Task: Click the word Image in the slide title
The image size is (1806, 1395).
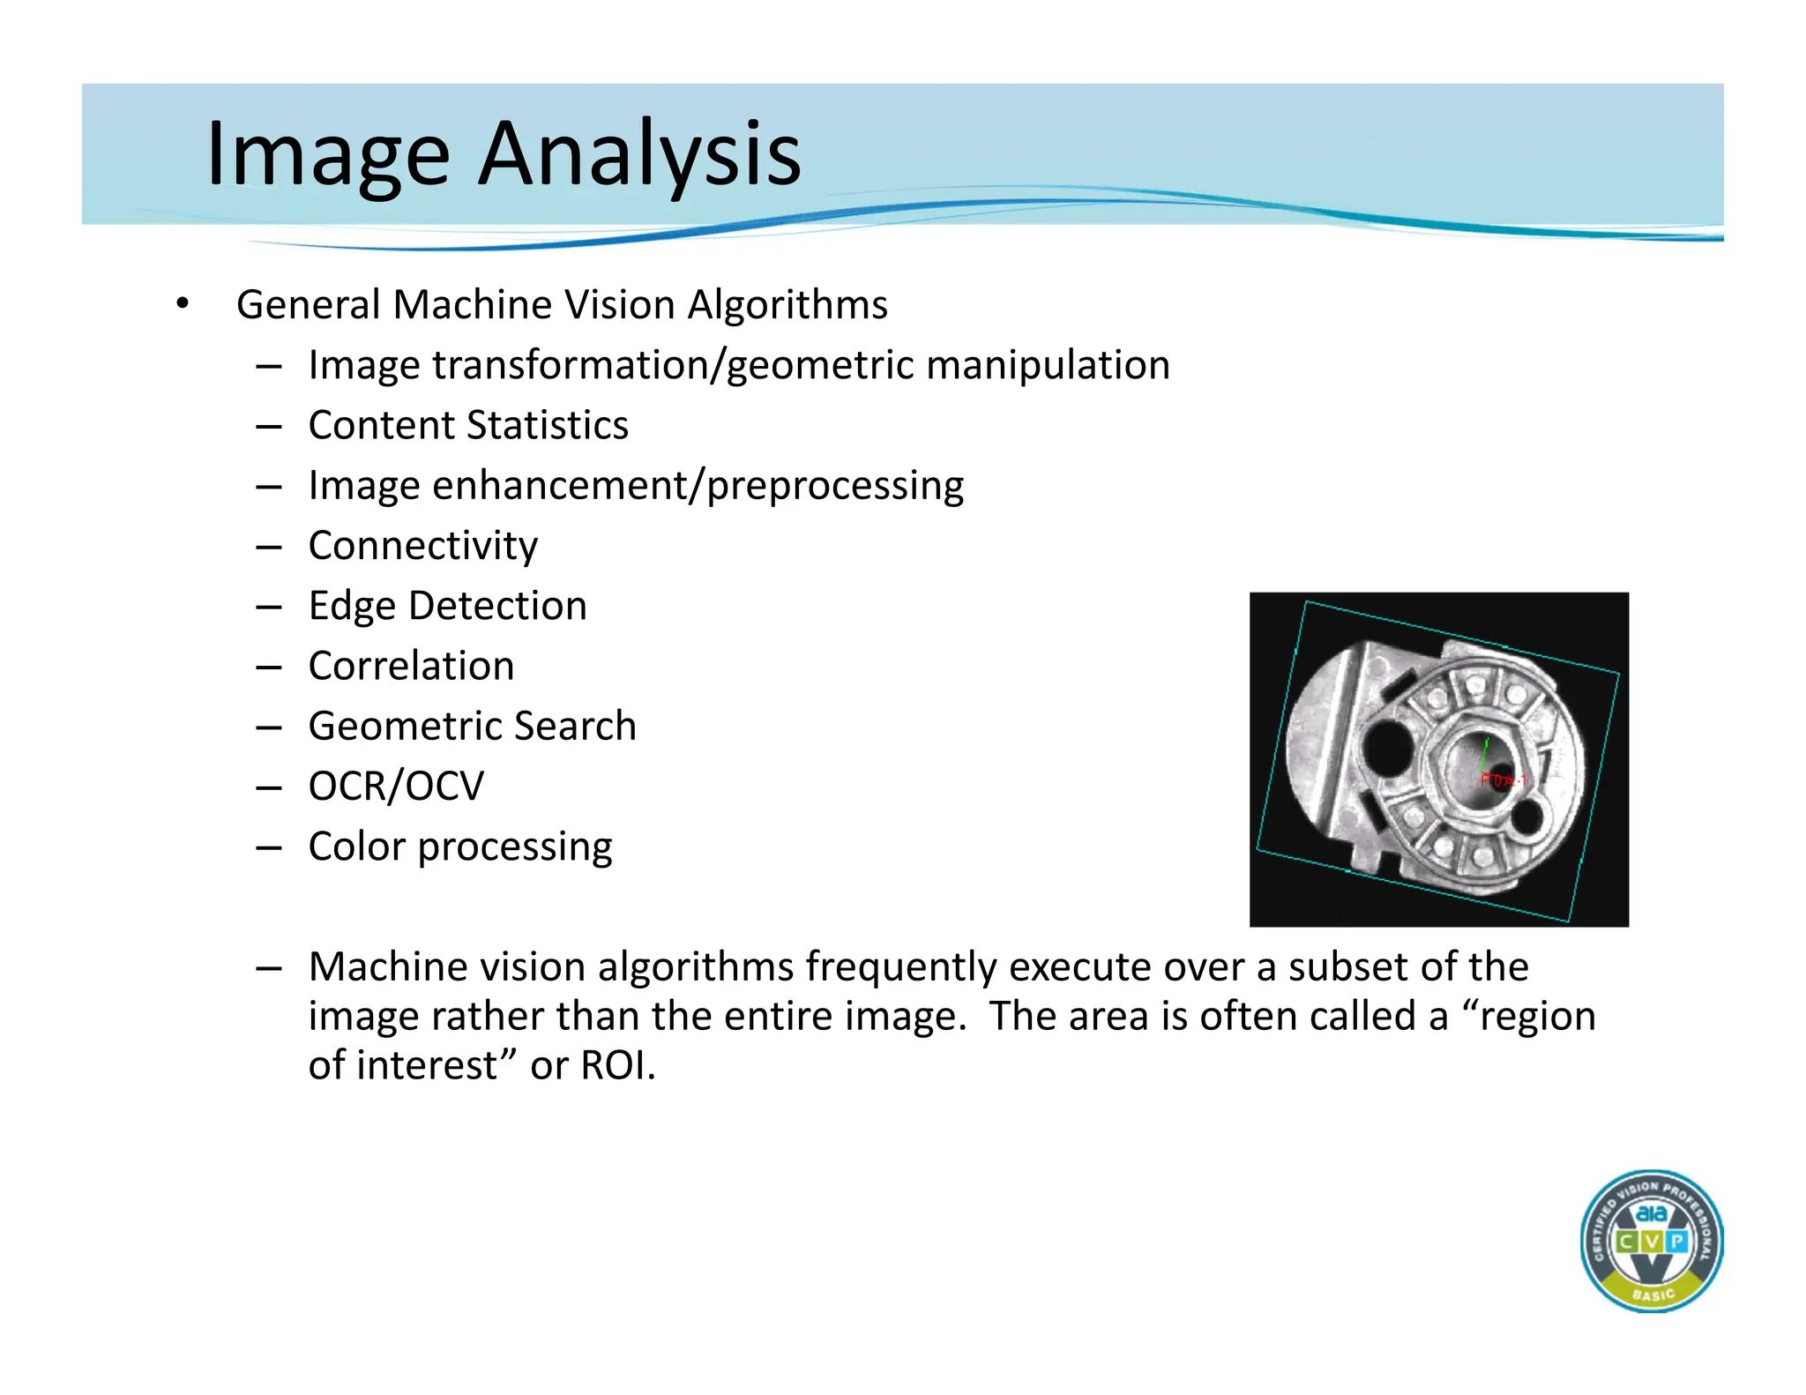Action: (x=328, y=154)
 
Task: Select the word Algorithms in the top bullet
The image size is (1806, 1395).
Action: (x=787, y=305)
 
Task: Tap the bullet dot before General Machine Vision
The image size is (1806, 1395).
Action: (x=182, y=304)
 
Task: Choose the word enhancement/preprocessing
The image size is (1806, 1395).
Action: (x=698, y=486)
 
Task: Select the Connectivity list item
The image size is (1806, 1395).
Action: (x=423, y=546)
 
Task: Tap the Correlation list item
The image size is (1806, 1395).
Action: (x=411, y=666)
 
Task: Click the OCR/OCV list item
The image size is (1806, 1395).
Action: (x=396, y=787)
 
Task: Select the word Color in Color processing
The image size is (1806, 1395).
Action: (x=356, y=847)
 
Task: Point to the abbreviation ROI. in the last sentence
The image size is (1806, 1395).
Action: (x=618, y=1065)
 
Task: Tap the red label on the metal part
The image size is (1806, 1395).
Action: (x=1503, y=780)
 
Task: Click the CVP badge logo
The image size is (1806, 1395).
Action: (x=1652, y=1242)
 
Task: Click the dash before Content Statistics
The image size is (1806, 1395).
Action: (x=268, y=427)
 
